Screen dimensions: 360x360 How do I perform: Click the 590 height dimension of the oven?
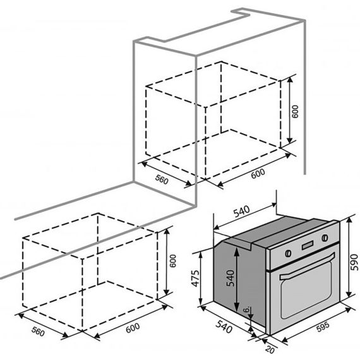pos(355,262)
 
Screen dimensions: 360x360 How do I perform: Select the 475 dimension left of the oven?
pos(196,279)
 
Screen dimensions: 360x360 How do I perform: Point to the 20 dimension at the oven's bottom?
pos(270,349)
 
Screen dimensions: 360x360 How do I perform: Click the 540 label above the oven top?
pos(241,212)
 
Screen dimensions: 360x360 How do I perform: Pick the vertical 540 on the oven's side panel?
pos(231,279)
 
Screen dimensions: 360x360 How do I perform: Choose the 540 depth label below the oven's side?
pos(224,327)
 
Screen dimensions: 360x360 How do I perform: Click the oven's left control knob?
pos(288,253)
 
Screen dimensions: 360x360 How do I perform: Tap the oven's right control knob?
pos(325,237)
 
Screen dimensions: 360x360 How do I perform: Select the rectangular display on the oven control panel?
pos(308,245)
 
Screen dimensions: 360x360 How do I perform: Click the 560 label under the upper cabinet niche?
pos(162,179)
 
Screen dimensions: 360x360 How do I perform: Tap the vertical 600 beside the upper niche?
pos(295,112)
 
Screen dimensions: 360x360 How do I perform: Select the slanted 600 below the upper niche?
pos(258,174)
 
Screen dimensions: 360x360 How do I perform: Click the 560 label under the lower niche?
pos(38,332)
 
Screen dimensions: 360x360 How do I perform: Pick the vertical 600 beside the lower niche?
pos(172,261)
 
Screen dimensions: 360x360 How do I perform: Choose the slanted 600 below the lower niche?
pos(133,328)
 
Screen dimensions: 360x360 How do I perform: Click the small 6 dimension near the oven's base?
pos(246,309)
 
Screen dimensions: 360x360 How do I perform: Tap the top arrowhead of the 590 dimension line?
pos(349,220)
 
